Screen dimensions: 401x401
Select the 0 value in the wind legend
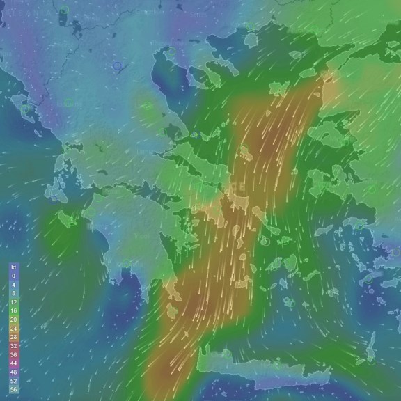click(x=13, y=276)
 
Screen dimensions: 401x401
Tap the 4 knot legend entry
click(x=13, y=285)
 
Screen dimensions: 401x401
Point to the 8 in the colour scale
click(x=13, y=294)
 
